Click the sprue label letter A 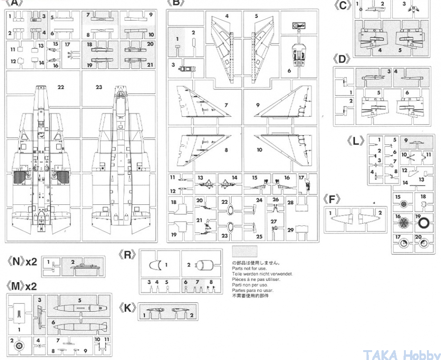tap(16, 3)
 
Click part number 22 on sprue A tap(60, 87)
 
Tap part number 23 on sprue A tap(99, 87)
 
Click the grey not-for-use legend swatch tap(245, 250)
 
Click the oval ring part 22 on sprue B tap(230, 211)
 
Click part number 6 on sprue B tap(289, 71)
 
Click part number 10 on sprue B tap(259, 150)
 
